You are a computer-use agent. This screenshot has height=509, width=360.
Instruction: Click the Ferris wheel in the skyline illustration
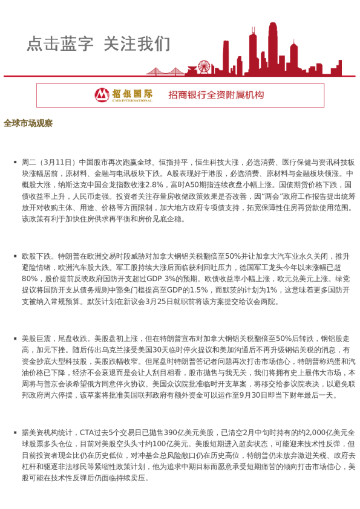(x=203, y=66)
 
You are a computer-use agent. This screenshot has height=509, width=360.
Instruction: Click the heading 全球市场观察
(x=28, y=123)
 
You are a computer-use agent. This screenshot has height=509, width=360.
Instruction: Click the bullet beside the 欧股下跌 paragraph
(x=15, y=256)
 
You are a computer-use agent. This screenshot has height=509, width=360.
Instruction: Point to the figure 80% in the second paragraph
(x=30, y=279)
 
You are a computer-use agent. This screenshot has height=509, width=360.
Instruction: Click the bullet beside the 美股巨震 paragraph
(x=15, y=339)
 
